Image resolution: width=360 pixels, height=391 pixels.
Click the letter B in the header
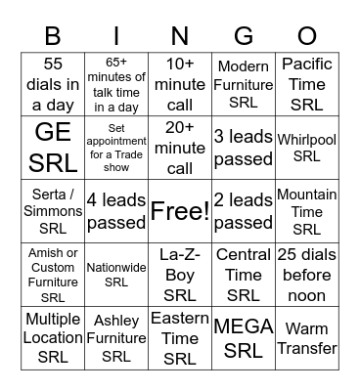[x=54, y=36]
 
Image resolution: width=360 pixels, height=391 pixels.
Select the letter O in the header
[x=307, y=36]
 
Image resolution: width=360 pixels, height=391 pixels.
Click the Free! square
[x=180, y=210]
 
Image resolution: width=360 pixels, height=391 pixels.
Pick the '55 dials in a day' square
[x=53, y=83]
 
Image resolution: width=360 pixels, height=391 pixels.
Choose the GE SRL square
[x=53, y=147]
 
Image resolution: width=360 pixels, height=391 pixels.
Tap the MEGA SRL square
[x=244, y=337]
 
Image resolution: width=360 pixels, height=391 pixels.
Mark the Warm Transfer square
[x=307, y=337]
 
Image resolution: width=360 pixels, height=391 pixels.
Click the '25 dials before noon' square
[x=307, y=275]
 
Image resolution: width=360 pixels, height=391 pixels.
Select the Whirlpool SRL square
[x=307, y=147]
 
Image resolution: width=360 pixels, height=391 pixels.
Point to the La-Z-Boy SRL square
[x=180, y=275]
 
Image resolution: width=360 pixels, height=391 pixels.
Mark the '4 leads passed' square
[x=116, y=210]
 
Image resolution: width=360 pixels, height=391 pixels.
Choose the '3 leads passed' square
[x=244, y=147]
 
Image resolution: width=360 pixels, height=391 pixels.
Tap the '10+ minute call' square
[x=180, y=83]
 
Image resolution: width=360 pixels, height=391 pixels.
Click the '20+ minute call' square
[x=180, y=147]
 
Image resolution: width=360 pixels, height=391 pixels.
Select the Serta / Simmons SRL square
[x=53, y=210]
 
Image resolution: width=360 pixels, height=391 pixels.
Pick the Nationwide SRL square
[x=116, y=275]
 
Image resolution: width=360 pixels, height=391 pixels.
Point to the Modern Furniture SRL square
[x=244, y=83]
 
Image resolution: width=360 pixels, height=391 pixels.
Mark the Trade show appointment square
[x=116, y=147]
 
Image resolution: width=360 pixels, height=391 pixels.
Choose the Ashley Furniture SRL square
[x=116, y=337]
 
